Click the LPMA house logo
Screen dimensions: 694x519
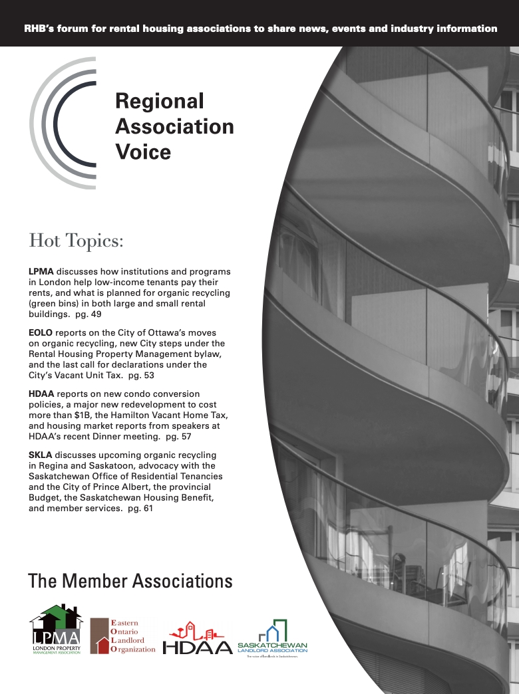(56, 628)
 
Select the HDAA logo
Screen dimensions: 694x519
(198, 639)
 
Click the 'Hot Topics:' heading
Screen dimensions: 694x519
(77, 240)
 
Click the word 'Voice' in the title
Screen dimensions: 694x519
(143, 152)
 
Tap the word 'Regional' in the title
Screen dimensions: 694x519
(160, 101)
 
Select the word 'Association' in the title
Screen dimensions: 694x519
(174, 126)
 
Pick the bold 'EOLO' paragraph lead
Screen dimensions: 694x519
(41, 332)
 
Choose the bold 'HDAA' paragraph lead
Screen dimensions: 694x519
(41, 394)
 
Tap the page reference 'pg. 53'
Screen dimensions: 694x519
(141, 376)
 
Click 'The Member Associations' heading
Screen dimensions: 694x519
(130, 581)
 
